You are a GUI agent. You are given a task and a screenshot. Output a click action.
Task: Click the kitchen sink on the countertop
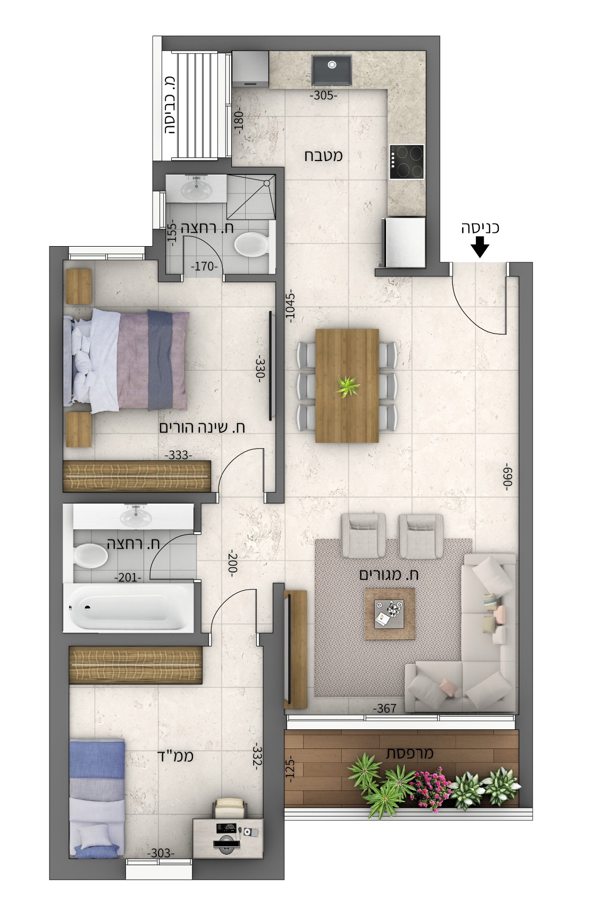[331, 70]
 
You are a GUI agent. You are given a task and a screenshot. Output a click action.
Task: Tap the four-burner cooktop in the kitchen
[406, 162]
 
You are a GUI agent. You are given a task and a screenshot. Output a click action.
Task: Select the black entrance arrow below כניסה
[480, 248]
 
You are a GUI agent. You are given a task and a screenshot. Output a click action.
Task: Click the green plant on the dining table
[347, 385]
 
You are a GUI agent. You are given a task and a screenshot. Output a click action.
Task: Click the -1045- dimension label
[291, 308]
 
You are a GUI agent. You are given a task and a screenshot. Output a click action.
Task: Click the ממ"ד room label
[175, 756]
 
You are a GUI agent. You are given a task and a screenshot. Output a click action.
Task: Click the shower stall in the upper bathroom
[251, 197]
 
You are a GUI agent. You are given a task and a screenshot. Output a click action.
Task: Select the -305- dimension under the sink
[323, 96]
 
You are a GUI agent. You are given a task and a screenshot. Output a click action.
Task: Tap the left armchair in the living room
[363, 535]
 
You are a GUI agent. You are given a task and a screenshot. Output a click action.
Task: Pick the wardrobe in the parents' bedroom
[137, 476]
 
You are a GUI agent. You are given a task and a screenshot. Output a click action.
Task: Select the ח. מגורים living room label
[389, 575]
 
